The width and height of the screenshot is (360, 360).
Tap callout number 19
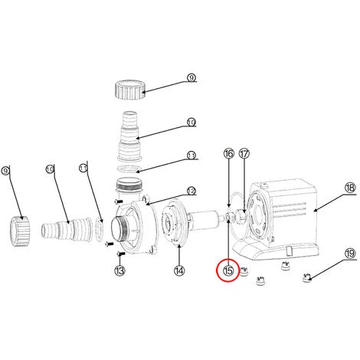point(350,254)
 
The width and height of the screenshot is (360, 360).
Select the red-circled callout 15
point(228,270)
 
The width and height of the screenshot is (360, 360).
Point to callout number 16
point(229,154)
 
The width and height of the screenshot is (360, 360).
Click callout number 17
point(244,154)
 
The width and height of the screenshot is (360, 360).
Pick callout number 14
point(179,270)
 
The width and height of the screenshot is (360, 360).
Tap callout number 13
point(119,270)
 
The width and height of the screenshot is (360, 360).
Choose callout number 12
point(191,191)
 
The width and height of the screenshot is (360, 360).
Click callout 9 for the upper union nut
point(191,77)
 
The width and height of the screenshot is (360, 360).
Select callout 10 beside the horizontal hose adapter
point(50,169)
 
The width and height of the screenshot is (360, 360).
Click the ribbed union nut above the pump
point(130,90)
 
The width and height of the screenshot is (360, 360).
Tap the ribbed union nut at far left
point(20,231)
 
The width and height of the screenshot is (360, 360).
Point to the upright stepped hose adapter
point(130,136)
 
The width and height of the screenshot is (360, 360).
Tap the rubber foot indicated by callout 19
point(306,278)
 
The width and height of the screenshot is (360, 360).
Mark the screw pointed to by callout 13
point(121,254)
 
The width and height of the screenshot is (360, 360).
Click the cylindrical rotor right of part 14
point(205,220)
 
